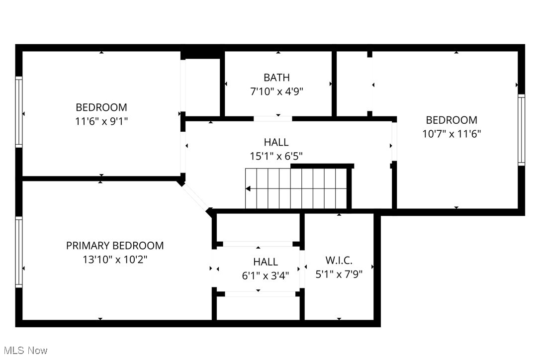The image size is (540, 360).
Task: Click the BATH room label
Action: tap(276, 78)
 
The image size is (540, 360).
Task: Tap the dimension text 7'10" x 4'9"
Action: tap(276, 91)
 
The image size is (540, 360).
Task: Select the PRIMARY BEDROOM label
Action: tap(115, 246)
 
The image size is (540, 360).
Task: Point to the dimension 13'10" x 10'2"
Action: tap(115, 260)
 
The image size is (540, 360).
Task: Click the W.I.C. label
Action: tap(339, 260)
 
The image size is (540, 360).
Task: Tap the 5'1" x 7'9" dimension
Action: tap(339, 274)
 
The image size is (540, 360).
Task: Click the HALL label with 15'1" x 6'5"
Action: tap(276, 143)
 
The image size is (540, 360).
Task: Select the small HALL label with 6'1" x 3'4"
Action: tap(266, 262)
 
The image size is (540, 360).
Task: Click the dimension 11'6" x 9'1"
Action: tap(101, 121)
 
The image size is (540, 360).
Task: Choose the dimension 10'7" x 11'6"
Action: tap(451, 134)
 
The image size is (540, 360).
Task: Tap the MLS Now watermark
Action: tap(24, 351)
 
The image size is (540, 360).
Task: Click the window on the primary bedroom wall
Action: tap(19, 252)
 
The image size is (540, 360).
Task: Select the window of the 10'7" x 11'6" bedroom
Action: tap(521, 130)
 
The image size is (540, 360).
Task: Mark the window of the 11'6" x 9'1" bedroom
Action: tap(19, 112)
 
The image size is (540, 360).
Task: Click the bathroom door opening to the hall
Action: tap(272, 119)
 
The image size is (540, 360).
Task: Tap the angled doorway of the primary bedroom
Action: tap(195, 197)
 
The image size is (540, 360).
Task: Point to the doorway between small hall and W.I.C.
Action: tap(302, 269)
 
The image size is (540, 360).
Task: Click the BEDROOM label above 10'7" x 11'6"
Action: tap(451, 120)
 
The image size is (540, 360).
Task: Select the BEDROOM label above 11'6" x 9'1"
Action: tap(101, 107)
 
